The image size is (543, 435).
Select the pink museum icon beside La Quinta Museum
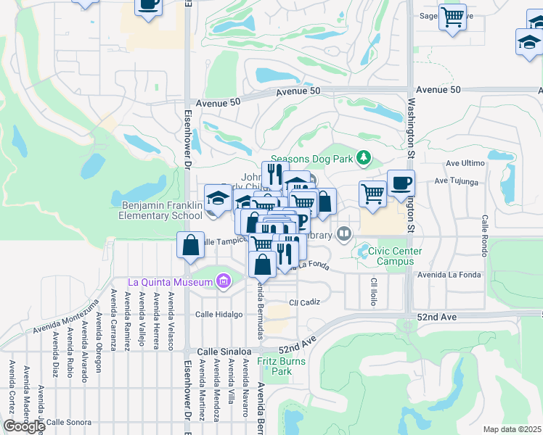[x=223, y=281]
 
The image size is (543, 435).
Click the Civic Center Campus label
[x=395, y=256]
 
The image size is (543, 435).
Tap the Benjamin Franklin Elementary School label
[x=161, y=210]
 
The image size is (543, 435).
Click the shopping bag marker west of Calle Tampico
[x=190, y=246]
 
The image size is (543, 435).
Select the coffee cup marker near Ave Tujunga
[x=400, y=183]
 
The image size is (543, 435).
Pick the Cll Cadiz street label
[x=304, y=302]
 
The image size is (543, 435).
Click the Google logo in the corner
[x=24, y=426]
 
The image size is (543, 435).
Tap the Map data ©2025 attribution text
[x=512, y=429]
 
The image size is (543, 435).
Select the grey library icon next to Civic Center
[x=344, y=234]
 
